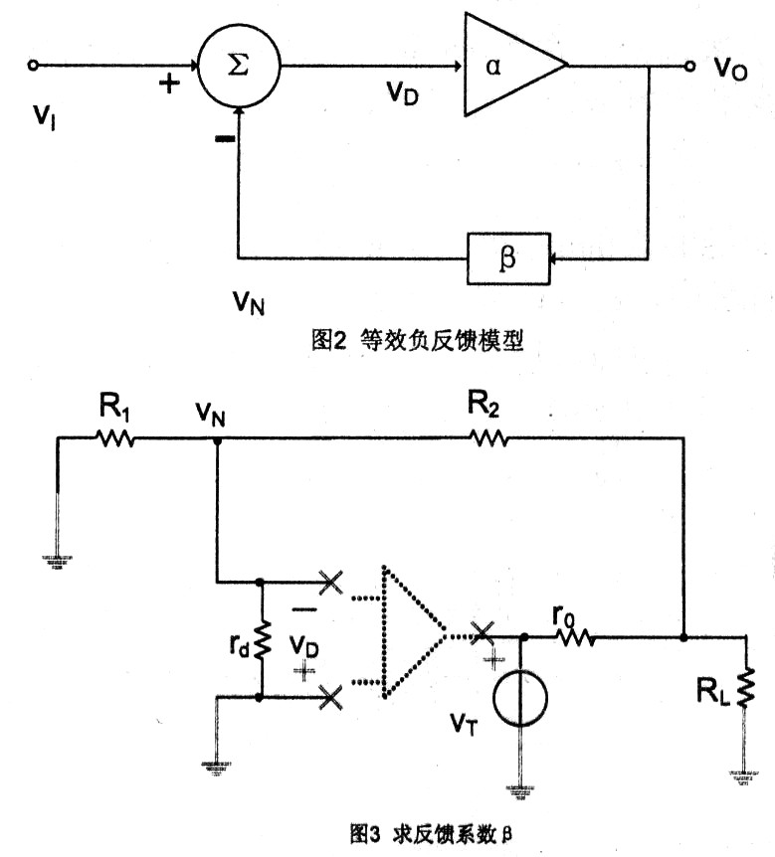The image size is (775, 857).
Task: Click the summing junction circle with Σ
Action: pos(238,66)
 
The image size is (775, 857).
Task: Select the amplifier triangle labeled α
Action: pos(507,67)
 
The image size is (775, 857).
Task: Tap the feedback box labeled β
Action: pos(506,259)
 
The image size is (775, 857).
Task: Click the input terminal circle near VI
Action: pos(33,66)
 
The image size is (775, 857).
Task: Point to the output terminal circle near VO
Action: pos(688,67)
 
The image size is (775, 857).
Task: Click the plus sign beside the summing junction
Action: pos(170,85)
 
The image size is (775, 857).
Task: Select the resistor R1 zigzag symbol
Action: pos(114,437)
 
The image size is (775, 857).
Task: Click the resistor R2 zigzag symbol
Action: pos(487,437)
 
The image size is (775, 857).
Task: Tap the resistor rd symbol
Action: pos(261,641)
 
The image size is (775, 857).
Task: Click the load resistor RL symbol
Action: pos(745,685)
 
